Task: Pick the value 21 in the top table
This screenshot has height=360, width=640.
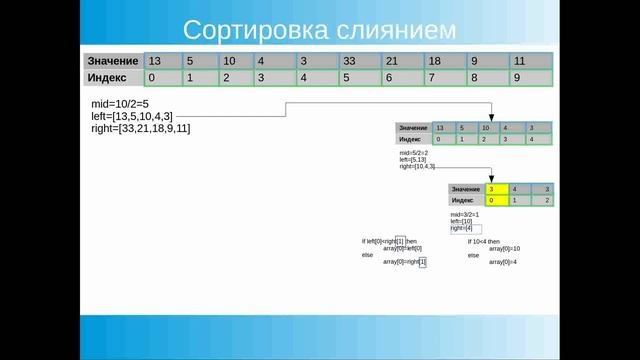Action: coord(393,60)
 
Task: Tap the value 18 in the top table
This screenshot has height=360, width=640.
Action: coord(435,60)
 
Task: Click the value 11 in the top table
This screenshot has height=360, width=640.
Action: coord(519,60)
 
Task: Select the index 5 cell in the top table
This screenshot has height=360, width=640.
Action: coord(346,77)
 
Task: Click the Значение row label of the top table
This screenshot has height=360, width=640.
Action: coord(112,60)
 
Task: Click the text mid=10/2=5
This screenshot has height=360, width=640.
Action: coord(118,105)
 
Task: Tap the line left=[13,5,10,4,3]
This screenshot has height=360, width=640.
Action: coord(133,117)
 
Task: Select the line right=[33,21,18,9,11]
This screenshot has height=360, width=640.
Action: coord(139,128)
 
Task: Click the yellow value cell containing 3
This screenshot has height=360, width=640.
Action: coord(492,189)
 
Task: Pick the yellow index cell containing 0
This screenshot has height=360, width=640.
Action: coord(492,201)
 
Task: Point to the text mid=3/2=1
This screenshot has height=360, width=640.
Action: coord(465,214)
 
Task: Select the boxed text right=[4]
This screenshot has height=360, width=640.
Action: coord(461,228)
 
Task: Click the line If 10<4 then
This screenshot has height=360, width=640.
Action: coord(487,241)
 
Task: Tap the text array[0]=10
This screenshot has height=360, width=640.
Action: coord(504,248)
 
